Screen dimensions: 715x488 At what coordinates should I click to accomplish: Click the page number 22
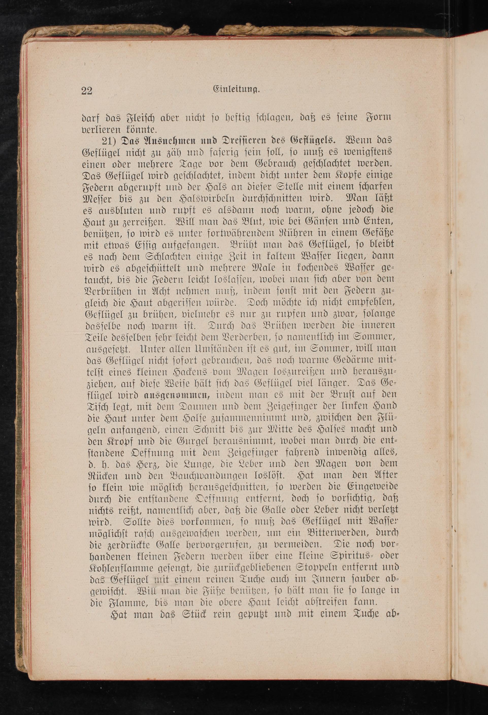[87, 91]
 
